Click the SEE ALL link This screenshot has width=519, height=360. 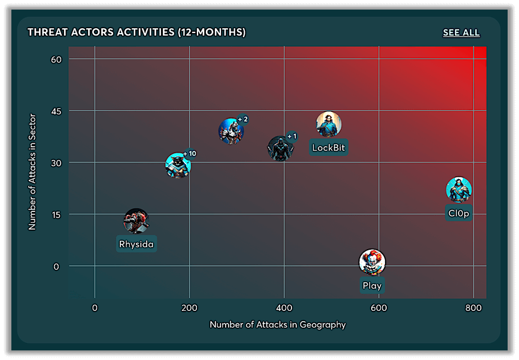click(x=461, y=32)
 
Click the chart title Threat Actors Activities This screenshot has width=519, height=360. click(x=136, y=32)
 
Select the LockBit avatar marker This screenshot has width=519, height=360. click(x=329, y=124)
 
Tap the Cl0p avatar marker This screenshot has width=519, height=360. click(x=459, y=190)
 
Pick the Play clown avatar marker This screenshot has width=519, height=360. click(x=372, y=262)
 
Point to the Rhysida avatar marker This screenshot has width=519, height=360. click(x=136, y=221)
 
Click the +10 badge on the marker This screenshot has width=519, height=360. click(x=190, y=154)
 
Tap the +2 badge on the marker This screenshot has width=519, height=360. click(x=242, y=119)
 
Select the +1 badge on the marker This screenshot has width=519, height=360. click(x=292, y=136)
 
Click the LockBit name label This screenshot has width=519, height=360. click(x=329, y=147)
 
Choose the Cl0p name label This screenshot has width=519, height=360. click(x=459, y=213)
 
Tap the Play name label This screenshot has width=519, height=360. click(x=372, y=286)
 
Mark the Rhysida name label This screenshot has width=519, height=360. click(x=136, y=244)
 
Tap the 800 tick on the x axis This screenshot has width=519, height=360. click(x=473, y=308)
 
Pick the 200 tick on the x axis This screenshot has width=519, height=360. click(x=189, y=308)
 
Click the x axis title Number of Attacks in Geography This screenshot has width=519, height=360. click(x=278, y=325)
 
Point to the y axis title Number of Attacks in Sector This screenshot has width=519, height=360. click(x=32, y=171)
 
